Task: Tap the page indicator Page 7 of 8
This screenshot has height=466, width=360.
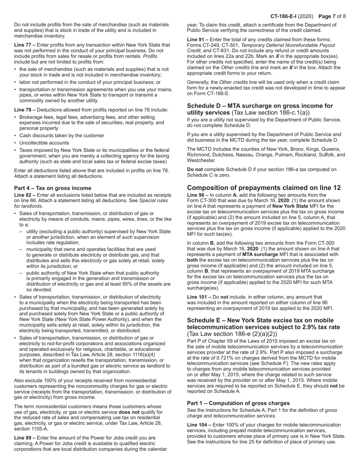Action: pyautogui.click(x=332, y=16)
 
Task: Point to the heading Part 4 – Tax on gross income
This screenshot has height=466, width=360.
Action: pyautogui.click(x=53, y=188)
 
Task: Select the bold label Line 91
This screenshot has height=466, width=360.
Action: pyautogui.click(x=197, y=39)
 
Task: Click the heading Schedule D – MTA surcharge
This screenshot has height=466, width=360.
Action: pyautogui.click(x=260, y=106)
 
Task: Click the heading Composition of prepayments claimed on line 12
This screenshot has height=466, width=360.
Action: pyautogui.click(x=264, y=188)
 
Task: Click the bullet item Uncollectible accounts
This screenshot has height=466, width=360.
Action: pyautogui.click(x=44, y=143)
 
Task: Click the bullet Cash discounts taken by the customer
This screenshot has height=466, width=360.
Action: pyautogui.click(x=61, y=135)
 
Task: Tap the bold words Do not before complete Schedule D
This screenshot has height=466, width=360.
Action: pyautogui.click(x=195, y=169)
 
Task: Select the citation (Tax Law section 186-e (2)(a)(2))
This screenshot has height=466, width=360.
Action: pyautogui.click(x=232, y=334)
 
